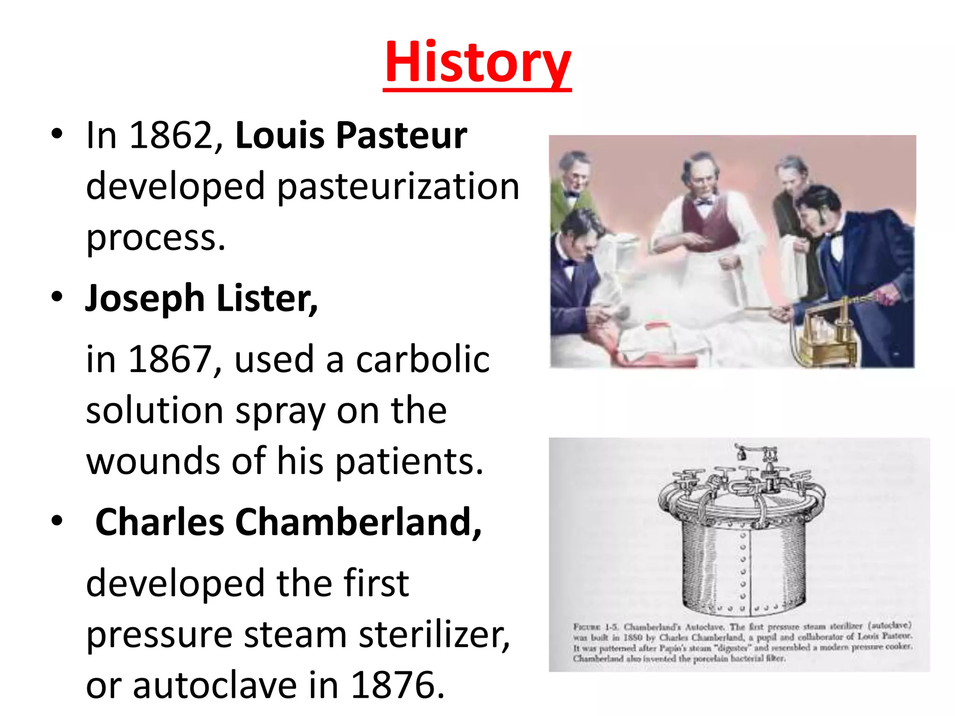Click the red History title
coord(477,63)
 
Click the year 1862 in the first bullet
coord(171,136)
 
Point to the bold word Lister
coord(267,298)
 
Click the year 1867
coord(171,359)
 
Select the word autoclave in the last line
coord(215,685)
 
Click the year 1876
coord(397,685)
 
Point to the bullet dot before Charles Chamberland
coord(57,521)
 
